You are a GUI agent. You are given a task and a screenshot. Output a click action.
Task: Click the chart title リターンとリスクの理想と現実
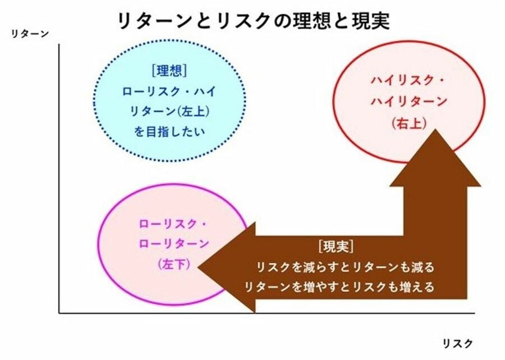click(x=254, y=21)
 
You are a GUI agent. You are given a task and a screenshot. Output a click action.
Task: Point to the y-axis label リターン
click(x=30, y=34)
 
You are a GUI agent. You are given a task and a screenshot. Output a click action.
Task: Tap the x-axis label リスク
click(x=458, y=343)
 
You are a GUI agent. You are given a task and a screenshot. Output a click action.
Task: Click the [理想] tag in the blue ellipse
click(x=169, y=70)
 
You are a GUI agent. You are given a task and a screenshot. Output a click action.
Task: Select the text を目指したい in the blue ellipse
click(x=169, y=132)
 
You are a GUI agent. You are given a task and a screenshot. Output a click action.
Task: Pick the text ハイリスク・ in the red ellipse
click(x=408, y=80)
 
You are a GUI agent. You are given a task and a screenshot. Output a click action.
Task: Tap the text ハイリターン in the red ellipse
click(x=409, y=101)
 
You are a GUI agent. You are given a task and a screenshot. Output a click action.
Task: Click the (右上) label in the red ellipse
click(x=409, y=123)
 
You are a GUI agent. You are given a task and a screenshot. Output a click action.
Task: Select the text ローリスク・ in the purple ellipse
click(x=173, y=224)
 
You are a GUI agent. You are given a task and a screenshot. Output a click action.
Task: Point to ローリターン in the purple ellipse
click(x=174, y=243)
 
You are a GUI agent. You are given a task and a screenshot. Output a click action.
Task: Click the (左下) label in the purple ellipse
click(x=174, y=265)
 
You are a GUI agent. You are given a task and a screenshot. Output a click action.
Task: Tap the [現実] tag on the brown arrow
click(x=336, y=247)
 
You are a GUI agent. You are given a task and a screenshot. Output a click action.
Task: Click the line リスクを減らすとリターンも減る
click(x=345, y=267)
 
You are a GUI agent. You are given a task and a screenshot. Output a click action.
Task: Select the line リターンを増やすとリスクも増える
click(x=340, y=286)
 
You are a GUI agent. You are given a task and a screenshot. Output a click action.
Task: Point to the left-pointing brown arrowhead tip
click(x=198, y=267)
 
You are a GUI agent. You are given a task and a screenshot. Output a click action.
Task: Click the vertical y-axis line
click(x=59, y=179)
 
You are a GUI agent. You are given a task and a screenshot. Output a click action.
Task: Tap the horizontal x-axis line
click(x=267, y=313)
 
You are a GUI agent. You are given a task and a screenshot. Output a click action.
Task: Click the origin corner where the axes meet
click(x=59, y=313)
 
